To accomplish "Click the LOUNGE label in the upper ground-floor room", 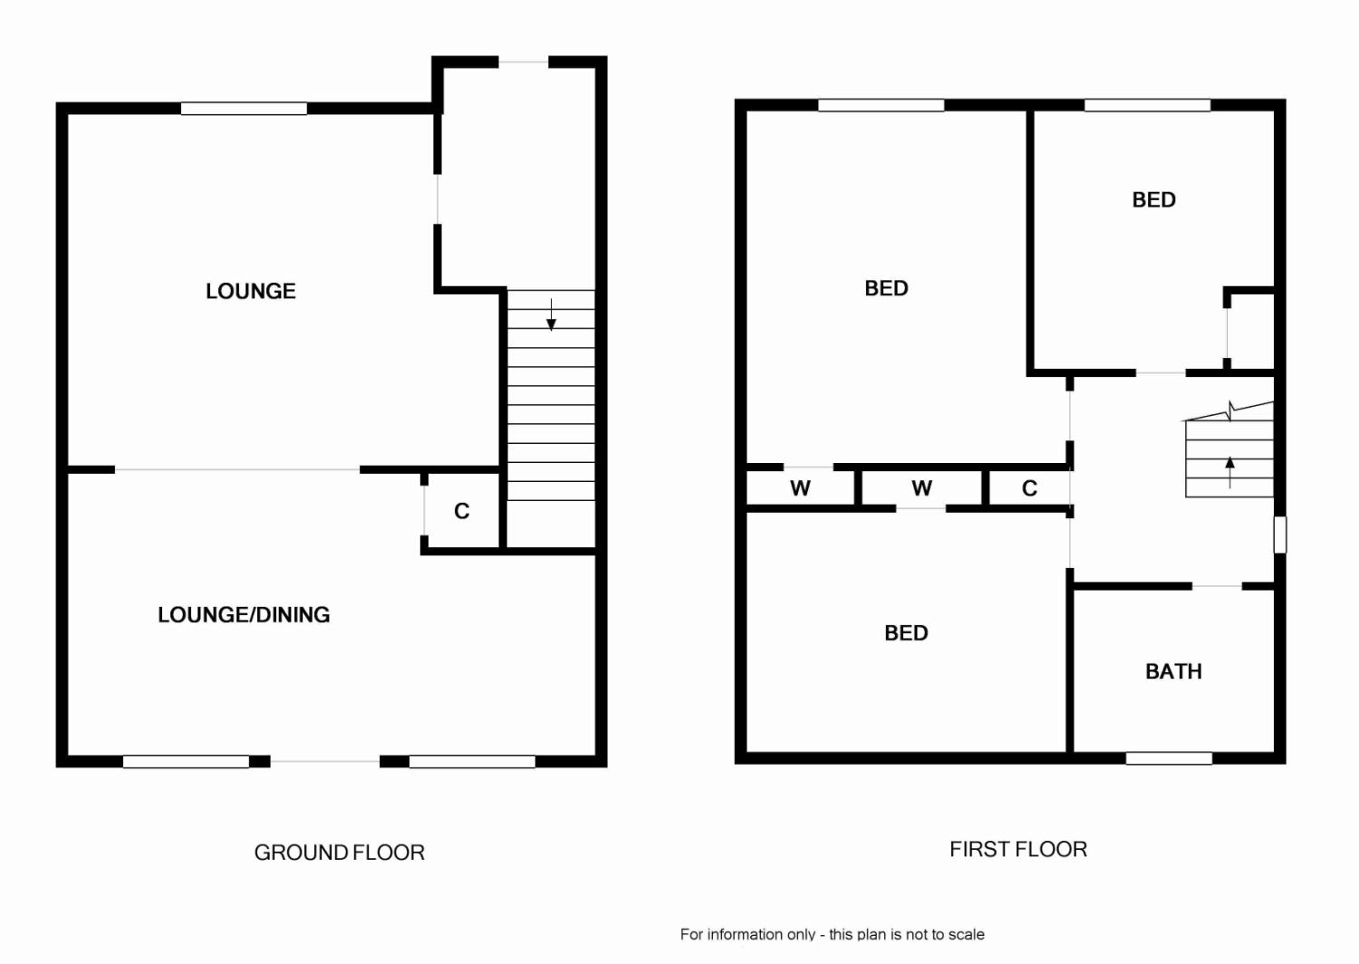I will [251, 291].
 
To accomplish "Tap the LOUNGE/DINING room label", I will [244, 614].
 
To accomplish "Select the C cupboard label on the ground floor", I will [462, 512].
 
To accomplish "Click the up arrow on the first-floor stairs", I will [1229, 471].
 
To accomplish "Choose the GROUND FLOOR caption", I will [339, 853].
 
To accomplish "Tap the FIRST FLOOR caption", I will [1018, 849].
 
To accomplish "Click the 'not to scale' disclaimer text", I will [832, 934].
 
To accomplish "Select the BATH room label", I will [1173, 671].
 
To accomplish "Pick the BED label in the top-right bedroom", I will [1154, 199].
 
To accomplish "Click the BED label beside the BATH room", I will [906, 633].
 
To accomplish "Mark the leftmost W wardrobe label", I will [800, 488].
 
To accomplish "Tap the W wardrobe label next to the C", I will [921, 488].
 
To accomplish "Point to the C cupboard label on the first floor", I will [1029, 488].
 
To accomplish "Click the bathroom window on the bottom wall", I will [1169, 757].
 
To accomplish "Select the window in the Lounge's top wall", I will [244, 109].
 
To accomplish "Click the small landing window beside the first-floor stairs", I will [1279, 535].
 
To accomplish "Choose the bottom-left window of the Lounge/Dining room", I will [186, 762].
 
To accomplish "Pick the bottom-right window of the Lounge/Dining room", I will [472, 762].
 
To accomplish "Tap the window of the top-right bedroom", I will [1147, 105].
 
